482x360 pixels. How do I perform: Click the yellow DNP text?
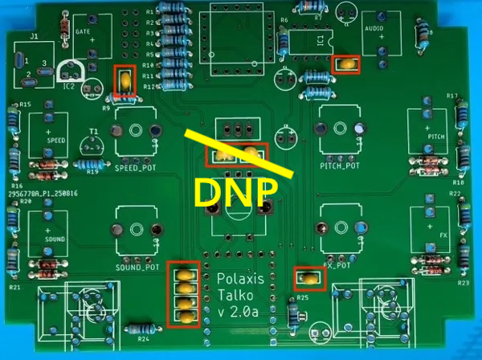[x=237, y=192]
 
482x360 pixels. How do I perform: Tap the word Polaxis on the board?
[x=239, y=278]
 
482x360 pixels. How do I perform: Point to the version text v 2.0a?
[x=239, y=311]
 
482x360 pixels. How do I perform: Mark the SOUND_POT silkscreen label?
[x=138, y=267]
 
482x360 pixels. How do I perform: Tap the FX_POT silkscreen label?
[x=336, y=264]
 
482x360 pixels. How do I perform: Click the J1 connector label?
[x=34, y=36]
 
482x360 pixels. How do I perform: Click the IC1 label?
[x=321, y=39]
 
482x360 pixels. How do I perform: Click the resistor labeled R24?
[x=142, y=328]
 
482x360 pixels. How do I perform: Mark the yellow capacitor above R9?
[x=125, y=80]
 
